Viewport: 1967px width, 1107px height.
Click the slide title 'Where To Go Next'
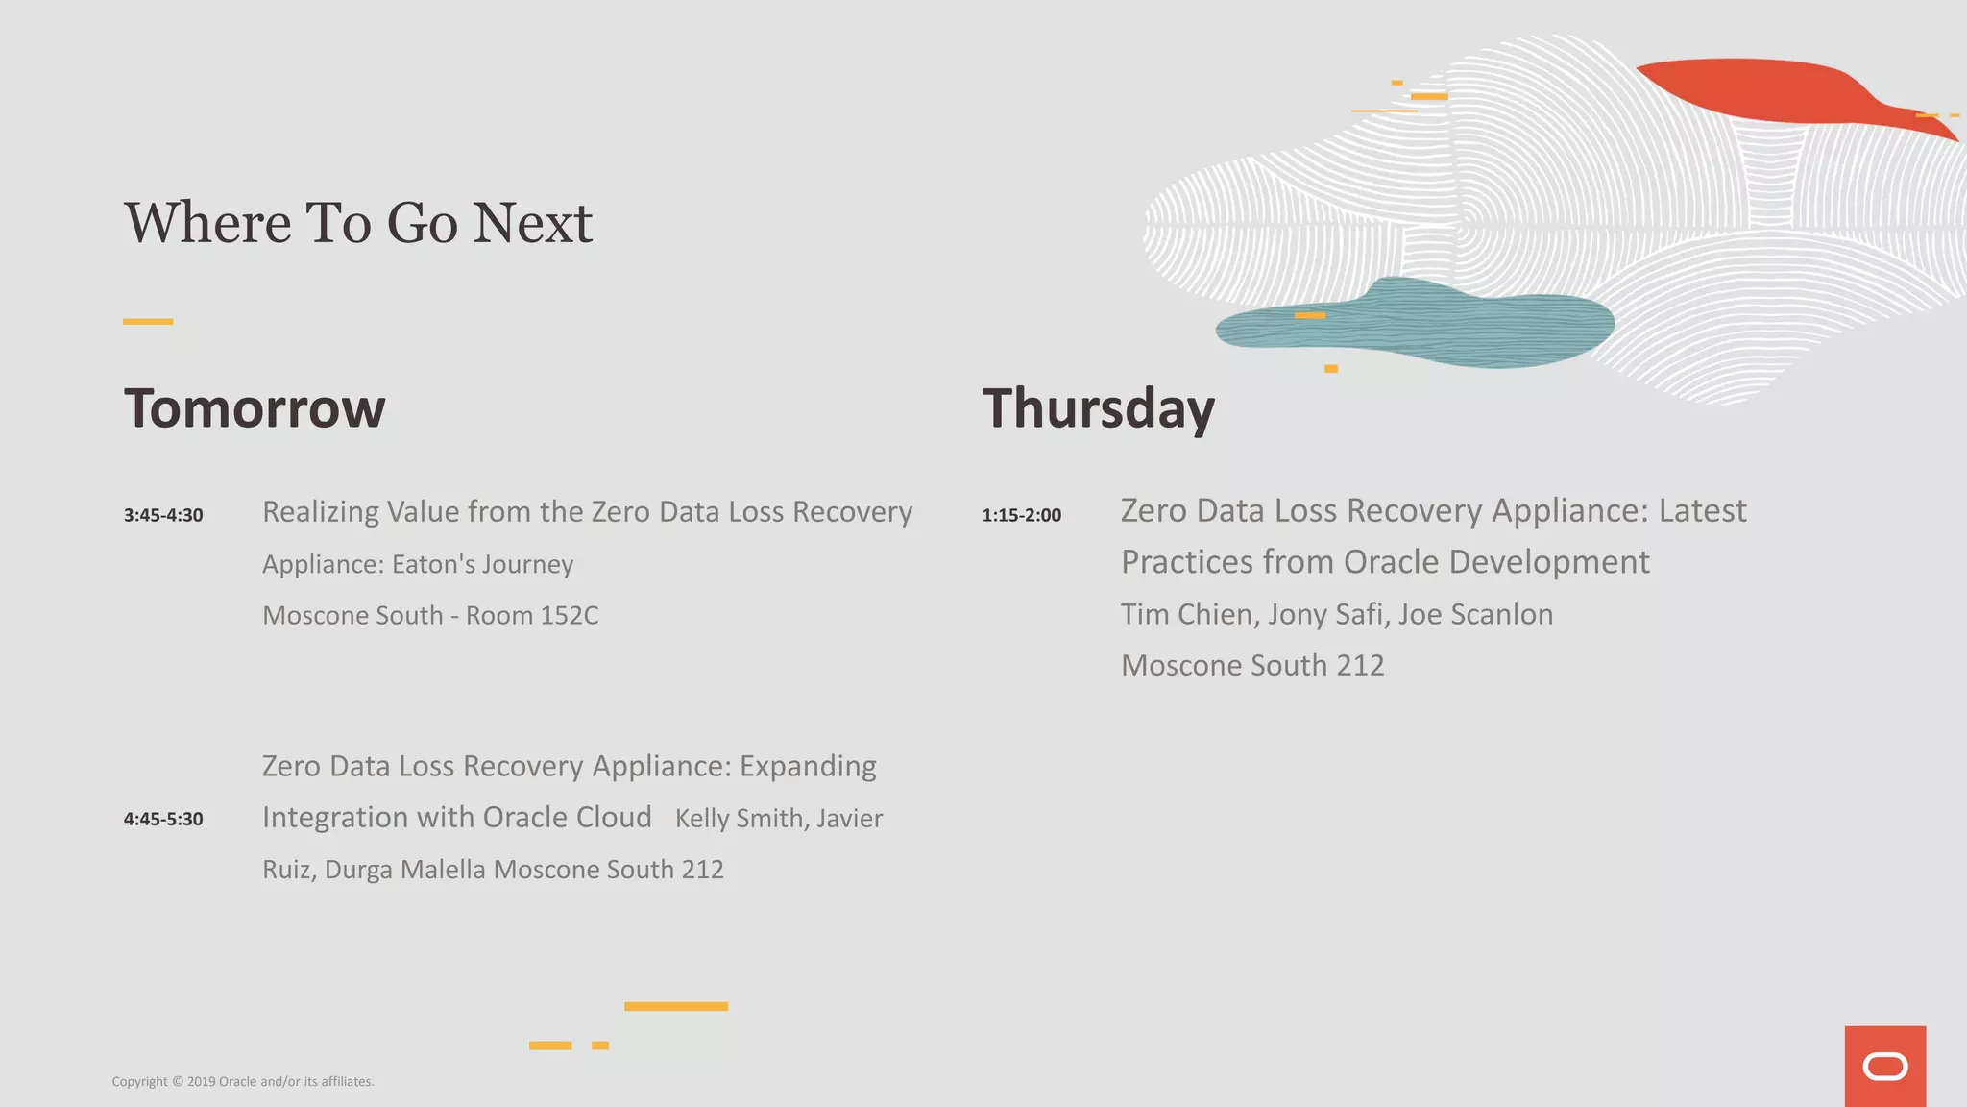tap(357, 223)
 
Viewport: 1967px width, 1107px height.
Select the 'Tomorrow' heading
tap(255, 408)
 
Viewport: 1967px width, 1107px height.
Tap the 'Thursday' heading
tap(1098, 408)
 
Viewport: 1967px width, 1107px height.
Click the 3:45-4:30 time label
tap(163, 515)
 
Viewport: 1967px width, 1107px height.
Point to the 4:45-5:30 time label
tap(163, 819)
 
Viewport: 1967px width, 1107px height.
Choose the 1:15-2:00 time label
tap(1021, 515)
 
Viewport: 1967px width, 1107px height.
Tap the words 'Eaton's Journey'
tap(482, 564)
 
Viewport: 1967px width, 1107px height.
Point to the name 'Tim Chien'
tap(1188, 614)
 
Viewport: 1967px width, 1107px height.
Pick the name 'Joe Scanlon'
tap(1475, 614)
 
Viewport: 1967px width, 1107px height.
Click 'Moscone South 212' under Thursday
tap(1252, 665)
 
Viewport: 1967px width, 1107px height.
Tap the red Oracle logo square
tap(1884, 1066)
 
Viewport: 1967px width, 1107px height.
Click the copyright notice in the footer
tap(243, 1081)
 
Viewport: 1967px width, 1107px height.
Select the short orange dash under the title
tap(148, 322)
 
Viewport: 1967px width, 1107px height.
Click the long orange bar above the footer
tap(676, 1006)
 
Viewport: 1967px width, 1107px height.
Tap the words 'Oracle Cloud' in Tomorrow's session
tap(567, 817)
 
